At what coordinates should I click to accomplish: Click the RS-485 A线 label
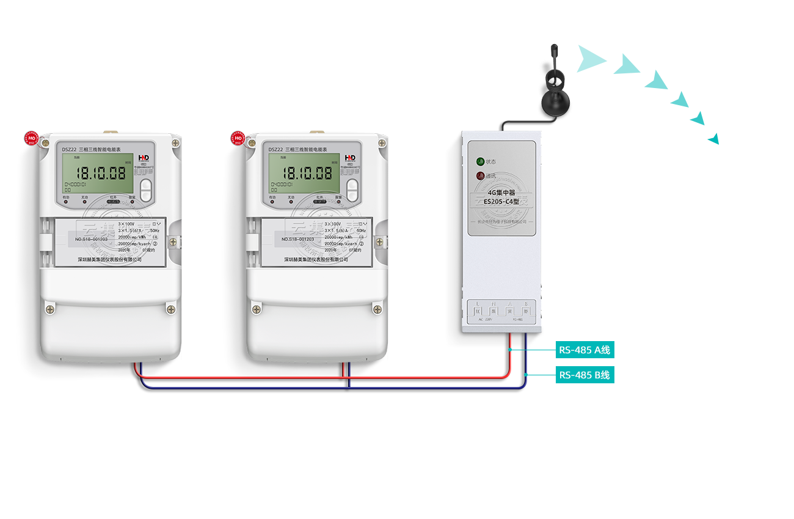[585, 350]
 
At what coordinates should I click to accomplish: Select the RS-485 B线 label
[585, 375]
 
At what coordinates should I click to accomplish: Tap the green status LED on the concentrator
[481, 162]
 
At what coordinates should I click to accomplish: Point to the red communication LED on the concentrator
[481, 176]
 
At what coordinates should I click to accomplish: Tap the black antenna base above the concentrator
[555, 101]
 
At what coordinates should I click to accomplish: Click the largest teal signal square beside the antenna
[592, 59]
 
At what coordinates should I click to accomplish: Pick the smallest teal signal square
[713, 139]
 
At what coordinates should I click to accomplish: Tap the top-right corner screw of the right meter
[382, 143]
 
